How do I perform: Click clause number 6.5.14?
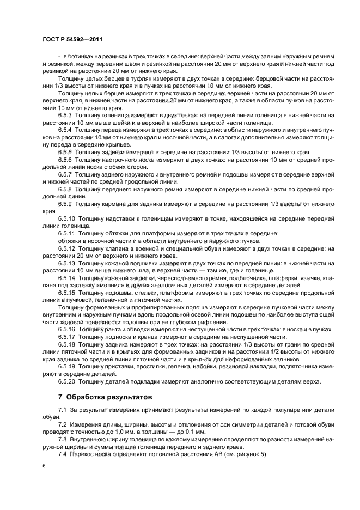(67, 277)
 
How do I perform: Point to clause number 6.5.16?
(67, 330)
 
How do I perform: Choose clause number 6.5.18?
(67, 344)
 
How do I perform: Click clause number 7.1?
(62, 409)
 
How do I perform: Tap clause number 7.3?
(62, 438)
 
